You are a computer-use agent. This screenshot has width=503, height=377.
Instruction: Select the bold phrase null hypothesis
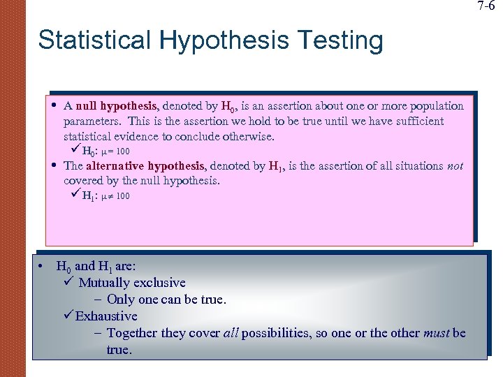click(118, 106)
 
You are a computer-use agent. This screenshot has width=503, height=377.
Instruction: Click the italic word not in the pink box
click(455, 166)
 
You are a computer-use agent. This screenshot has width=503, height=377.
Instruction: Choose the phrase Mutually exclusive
click(132, 283)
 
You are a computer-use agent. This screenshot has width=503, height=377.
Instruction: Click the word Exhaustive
click(106, 316)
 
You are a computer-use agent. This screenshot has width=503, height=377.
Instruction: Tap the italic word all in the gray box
click(231, 333)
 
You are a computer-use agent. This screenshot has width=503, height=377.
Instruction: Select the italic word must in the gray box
click(437, 333)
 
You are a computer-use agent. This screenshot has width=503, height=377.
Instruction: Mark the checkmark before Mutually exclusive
click(68, 282)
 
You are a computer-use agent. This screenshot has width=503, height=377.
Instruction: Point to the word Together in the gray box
click(133, 333)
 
